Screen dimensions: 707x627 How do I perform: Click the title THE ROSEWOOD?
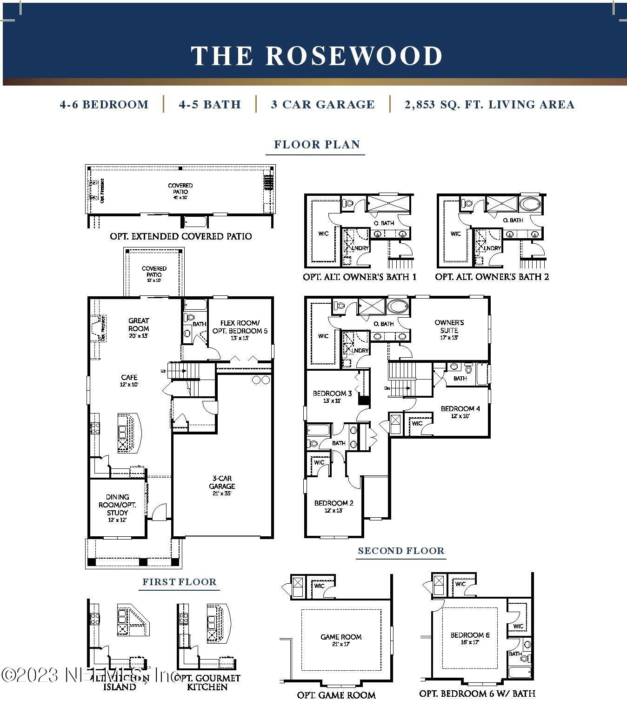tap(317, 56)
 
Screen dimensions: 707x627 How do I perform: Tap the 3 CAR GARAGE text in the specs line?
tap(322, 105)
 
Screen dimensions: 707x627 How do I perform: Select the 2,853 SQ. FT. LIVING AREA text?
tap(489, 105)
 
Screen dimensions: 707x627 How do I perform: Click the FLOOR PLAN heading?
tap(317, 145)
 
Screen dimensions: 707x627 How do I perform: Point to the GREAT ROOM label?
tap(139, 325)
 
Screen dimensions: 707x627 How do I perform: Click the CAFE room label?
tap(129, 378)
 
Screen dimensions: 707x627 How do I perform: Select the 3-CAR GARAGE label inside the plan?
tap(222, 482)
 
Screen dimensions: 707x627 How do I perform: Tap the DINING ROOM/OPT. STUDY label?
tap(117, 505)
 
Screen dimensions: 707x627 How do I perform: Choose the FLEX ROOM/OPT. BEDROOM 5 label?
tap(240, 327)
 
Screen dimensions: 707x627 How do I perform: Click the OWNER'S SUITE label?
tap(449, 327)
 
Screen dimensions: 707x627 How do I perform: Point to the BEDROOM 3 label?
tap(332, 394)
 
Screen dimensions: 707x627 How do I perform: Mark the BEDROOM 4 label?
tap(460, 409)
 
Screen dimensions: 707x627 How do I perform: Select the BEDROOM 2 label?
tap(334, 503)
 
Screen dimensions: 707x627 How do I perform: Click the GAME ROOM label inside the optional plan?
tap(341, 637)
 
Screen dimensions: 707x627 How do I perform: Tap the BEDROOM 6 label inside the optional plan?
tap(470, 635)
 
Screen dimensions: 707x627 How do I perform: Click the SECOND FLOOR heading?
tap(401, 551)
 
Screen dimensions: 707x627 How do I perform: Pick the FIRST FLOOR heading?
tap(179, 582)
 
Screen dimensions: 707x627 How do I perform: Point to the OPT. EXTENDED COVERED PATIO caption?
tap(180, 236)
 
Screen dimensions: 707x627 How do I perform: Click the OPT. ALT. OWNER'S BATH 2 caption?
tap(492, 277)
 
